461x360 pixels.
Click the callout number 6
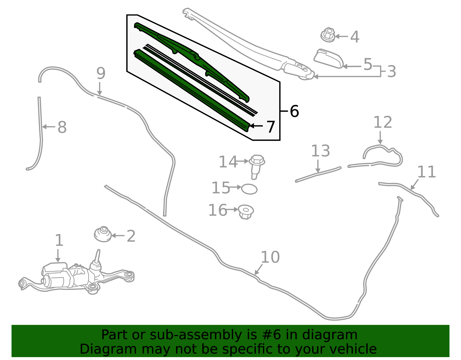coord(294,111)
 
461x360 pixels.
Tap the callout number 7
coord(271,127)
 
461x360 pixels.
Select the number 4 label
coord(355,37)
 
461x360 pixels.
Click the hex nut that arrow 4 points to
coord(328,35)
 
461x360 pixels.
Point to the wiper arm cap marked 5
coord(329,59)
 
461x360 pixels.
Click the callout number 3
coord(391,71)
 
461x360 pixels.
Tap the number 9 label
coord(101,73)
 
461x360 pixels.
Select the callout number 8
coord(62,127)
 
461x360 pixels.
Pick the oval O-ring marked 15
coord(249,189)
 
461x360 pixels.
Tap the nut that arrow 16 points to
coord(246,212)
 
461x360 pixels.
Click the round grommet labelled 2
coord(103,234)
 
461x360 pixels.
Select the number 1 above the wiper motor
coord(59,240)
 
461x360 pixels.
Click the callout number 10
coord(270,257)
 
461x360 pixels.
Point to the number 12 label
coord(383,122)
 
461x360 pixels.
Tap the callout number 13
coord(320,151)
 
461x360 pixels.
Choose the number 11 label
coord(426,172)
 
